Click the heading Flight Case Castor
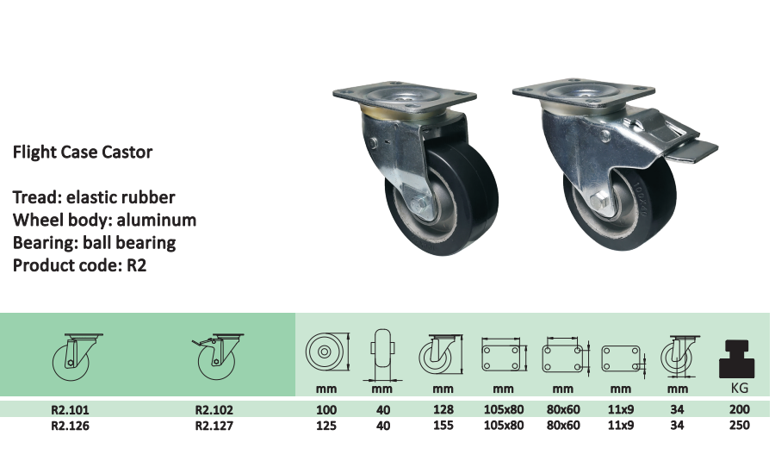[83, 152]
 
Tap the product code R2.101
[71, 410]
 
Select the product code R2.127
[214, 426]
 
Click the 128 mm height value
[443, 409]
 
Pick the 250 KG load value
[739, 426]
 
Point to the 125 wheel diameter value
[326, 426]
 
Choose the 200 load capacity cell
[739, 409]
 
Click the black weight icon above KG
[736, 359]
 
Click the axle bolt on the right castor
[599, 201]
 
